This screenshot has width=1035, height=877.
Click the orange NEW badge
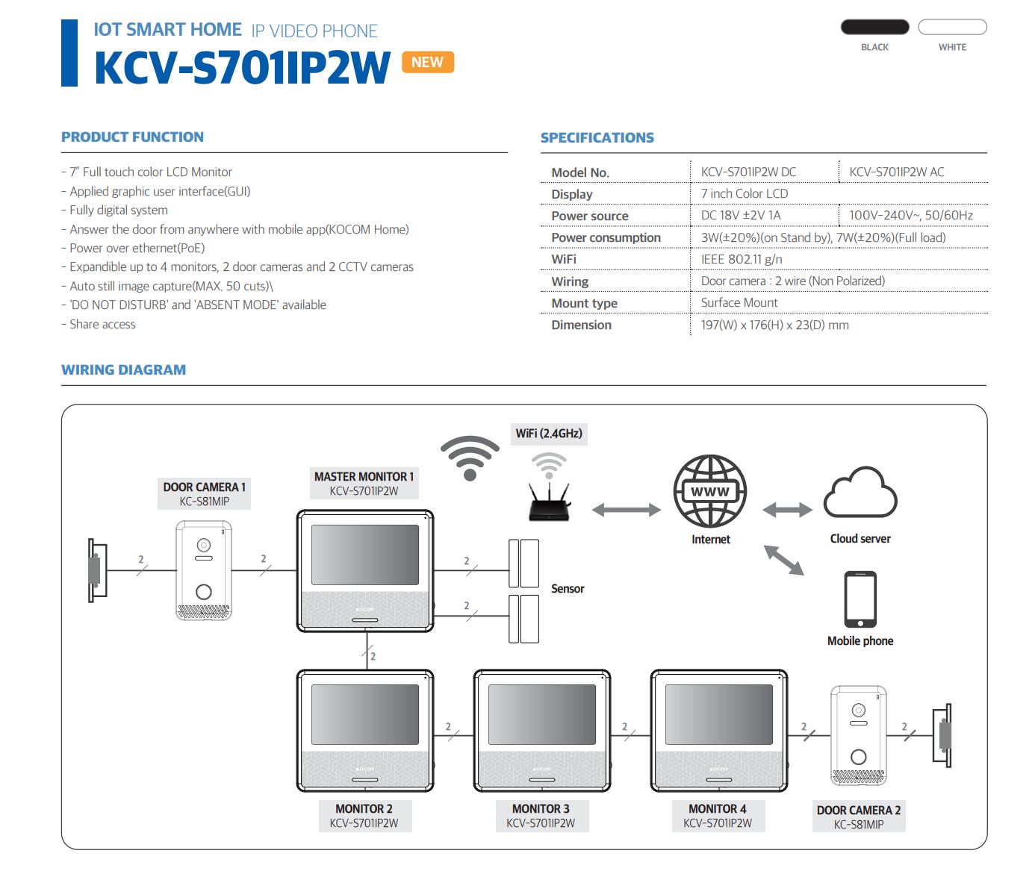coord(427,62)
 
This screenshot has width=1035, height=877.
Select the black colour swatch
coord(874,27)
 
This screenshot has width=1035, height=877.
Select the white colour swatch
coord(952,27)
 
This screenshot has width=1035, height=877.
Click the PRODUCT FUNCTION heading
coord(132,137)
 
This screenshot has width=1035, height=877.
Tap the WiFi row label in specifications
coord(564,259)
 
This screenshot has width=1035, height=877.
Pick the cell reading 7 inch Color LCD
coord(744,193)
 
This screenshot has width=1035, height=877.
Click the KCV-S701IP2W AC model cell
coord(896,172)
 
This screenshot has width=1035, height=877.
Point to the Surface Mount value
coord(739,302)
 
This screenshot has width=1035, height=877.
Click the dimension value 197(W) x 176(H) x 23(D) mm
coord(774,325)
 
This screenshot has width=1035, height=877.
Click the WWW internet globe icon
coord(709,491)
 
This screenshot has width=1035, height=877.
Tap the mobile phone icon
coord(860,599)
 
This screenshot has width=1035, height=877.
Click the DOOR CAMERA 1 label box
coord(204,493)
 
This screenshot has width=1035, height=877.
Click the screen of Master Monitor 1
coord(364,554)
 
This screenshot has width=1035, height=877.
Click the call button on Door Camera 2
coord(859,757)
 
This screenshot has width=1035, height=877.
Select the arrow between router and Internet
coord(626,510)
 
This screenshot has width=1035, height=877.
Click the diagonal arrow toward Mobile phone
coord(783,560)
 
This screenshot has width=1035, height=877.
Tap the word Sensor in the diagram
coord(568,588)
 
